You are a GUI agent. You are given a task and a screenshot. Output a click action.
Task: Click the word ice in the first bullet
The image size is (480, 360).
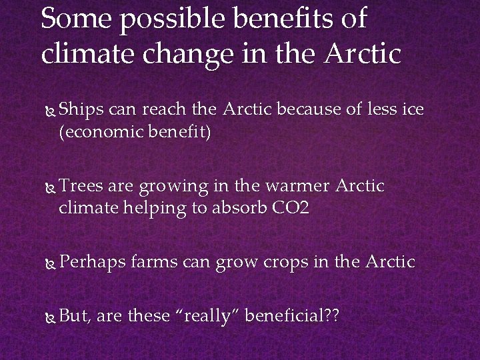[x=412, y=109]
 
